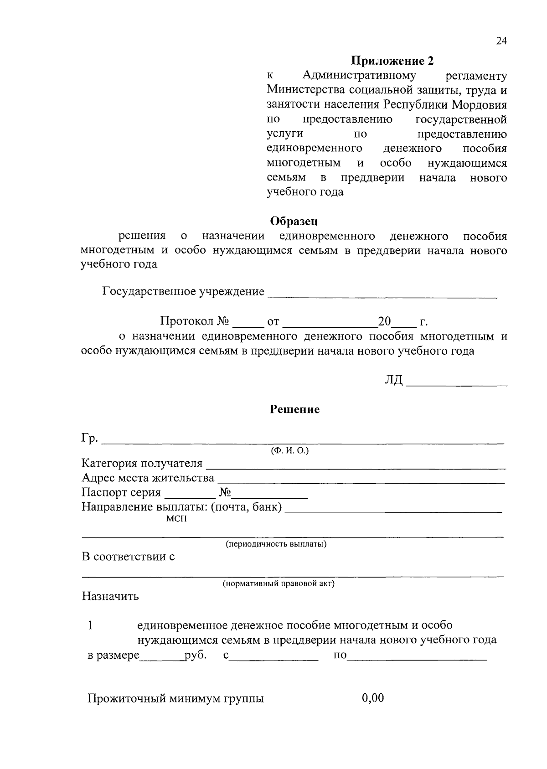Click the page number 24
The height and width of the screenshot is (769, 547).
click(501, 41)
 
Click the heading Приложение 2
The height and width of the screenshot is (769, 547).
click(392, 61)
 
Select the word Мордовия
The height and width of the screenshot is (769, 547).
click(480, 105)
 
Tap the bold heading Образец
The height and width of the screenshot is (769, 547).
click(294, 221)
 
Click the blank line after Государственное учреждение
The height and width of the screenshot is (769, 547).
click(382, 295)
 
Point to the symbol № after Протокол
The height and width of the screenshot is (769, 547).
click(222, 321)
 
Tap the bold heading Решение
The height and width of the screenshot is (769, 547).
click(295, 409)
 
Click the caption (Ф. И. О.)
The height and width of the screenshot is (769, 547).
click(289, 451)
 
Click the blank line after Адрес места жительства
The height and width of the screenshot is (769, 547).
click(361, 480)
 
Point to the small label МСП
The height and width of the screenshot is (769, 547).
click(176, 519)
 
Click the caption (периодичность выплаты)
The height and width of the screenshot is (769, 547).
click(276, 544)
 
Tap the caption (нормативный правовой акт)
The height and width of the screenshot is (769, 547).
click(279, 584)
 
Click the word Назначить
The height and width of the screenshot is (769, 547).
click(110, 596)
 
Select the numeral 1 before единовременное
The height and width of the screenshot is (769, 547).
click(90, 625)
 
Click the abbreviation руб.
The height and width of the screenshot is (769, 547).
click(196, 655)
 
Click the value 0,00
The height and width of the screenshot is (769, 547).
click(372, 698)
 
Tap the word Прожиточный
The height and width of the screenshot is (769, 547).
click(120, 699)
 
